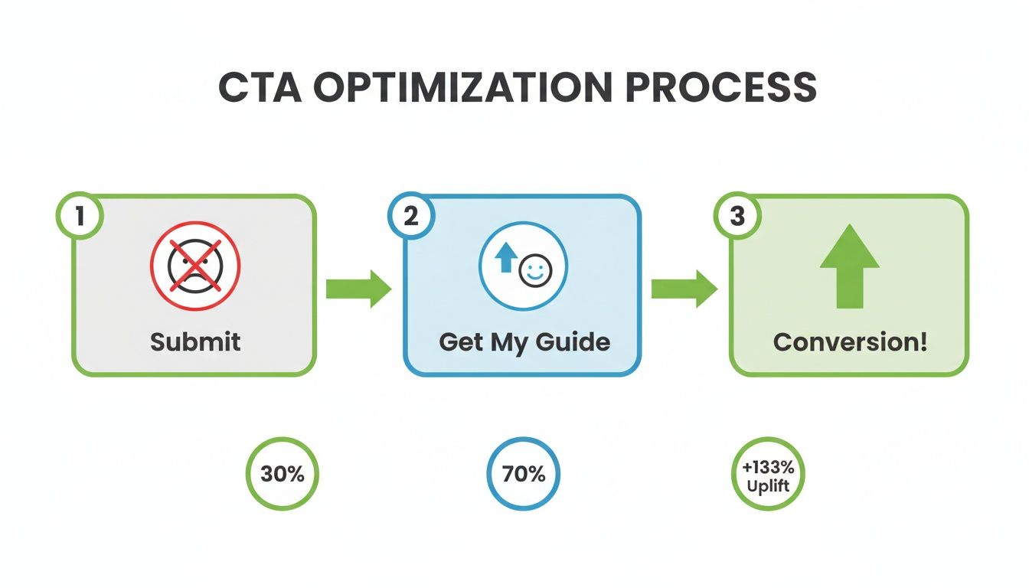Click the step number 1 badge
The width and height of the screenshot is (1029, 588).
click(79, 216)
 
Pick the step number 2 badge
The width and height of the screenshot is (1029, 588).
click(411, 216)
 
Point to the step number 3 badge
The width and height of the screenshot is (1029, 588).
click(737, 216)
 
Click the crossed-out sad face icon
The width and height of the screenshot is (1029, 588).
click(194, 266)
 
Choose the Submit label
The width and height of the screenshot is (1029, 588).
click(194, 341)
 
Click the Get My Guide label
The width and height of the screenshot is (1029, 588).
click(524, 341)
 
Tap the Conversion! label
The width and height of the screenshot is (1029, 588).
click(850, 341)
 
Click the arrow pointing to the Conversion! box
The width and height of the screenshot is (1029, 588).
click(684, 289)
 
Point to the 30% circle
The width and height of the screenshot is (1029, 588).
click(283, 474)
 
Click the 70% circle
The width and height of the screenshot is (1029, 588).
click(524, 474)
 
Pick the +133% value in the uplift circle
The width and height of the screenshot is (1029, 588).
click(769, 465)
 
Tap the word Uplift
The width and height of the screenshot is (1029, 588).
click(769, 485)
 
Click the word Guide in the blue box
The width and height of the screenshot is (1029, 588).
click(574, 341)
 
